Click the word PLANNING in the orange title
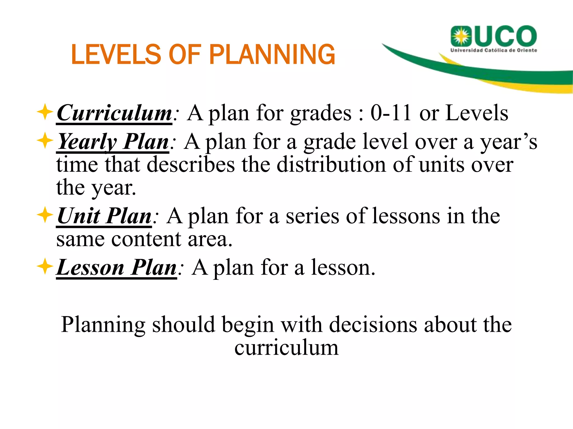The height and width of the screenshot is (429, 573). click(272, 54)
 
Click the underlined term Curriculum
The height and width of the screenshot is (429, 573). click(114, 113)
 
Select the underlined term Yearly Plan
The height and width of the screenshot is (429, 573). click(112, 142)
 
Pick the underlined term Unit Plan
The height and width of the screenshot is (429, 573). click(104, 216)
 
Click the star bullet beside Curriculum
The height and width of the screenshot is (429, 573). click(45, 112)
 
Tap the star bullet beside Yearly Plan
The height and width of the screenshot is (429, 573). click(45, 140)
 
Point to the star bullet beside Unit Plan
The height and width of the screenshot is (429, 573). click(45, 215)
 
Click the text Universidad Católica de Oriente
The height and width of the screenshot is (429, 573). click(494, 51)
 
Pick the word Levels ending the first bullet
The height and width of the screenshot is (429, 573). click(477, 113)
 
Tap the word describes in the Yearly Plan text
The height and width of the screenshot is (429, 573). click(191, 165)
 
